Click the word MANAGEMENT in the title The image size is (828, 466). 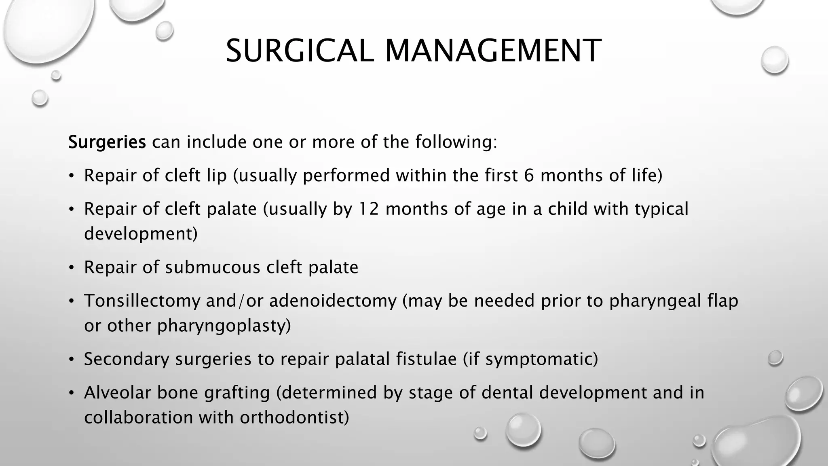493,51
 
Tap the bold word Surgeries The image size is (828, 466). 107,142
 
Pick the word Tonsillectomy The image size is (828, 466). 142,301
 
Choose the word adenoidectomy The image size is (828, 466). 333,301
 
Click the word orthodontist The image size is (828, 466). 294,417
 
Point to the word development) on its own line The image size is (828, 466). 141,234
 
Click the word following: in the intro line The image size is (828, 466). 456,142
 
